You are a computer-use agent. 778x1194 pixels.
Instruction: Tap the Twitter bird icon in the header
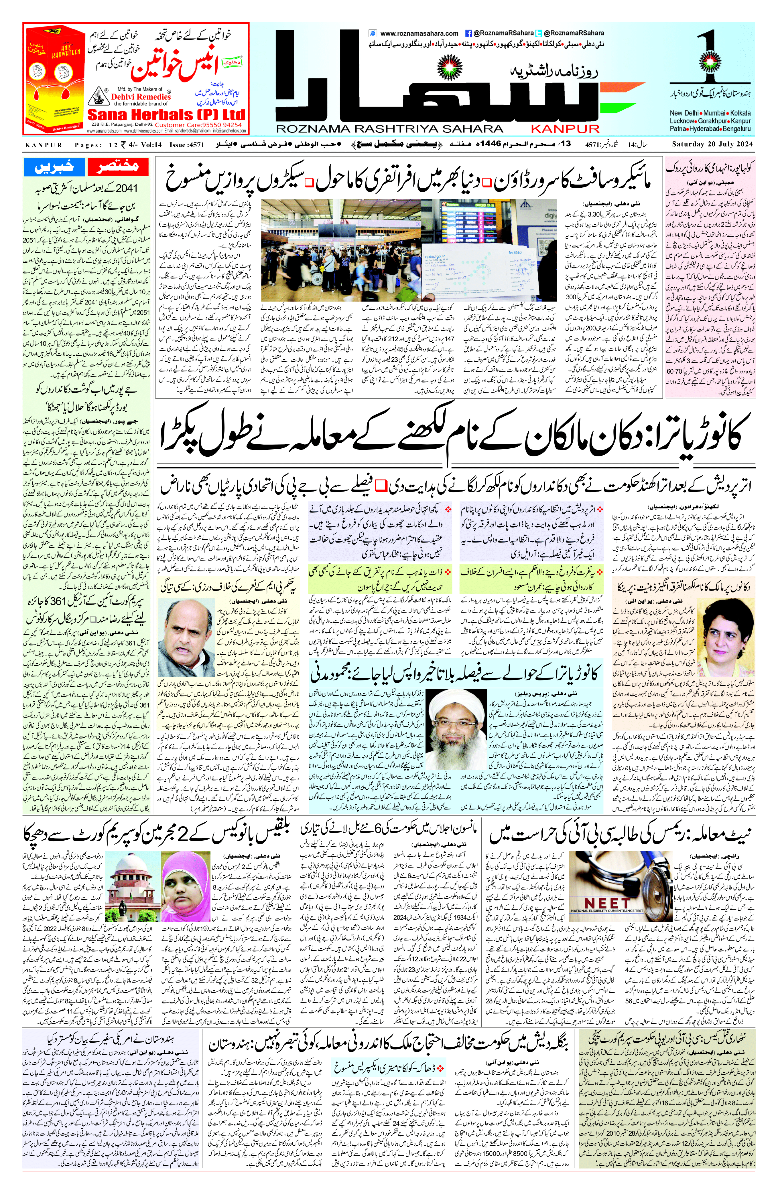point(539,33)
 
